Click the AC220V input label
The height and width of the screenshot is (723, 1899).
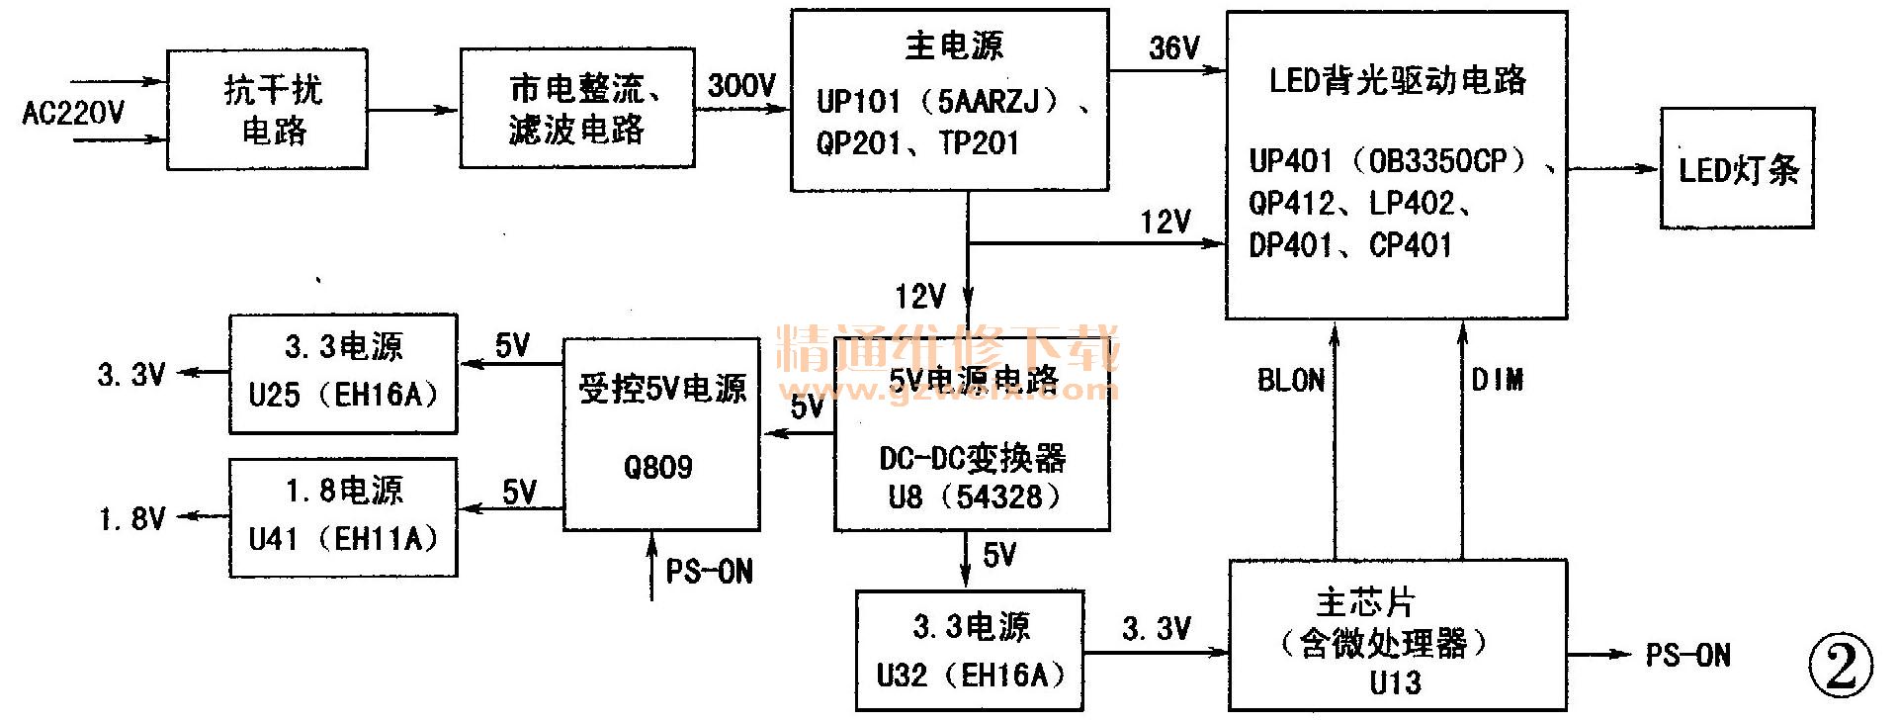tap(73, 113)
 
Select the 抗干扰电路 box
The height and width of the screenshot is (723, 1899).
tap(267, 110)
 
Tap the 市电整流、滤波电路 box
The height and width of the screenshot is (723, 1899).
tap(577, 109)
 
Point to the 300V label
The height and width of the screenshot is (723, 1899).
tap(741, 85)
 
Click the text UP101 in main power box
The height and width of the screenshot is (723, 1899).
tap(858, 101)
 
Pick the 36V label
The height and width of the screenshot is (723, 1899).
tap(1173, 47)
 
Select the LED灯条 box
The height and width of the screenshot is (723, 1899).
tap(1737, 169)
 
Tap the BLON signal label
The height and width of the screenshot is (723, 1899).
tap(1290, 381)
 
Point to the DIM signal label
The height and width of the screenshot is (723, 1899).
tap(1497, 380)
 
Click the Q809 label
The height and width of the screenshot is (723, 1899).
tap(658, 467)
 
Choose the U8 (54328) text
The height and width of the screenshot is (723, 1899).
tap(973, 497)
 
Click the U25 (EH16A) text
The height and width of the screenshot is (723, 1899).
tap(342, 396)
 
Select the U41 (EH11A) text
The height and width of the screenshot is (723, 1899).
tap(342, 539)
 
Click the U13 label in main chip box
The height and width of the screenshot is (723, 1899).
tap(1395, 682)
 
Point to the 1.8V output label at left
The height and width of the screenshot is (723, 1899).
tap(131, 518)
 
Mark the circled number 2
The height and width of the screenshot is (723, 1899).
tap(1841, 666)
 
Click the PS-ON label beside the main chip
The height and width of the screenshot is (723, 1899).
tap(1687, 655)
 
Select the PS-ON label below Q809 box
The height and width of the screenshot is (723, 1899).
tap(709, 572)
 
